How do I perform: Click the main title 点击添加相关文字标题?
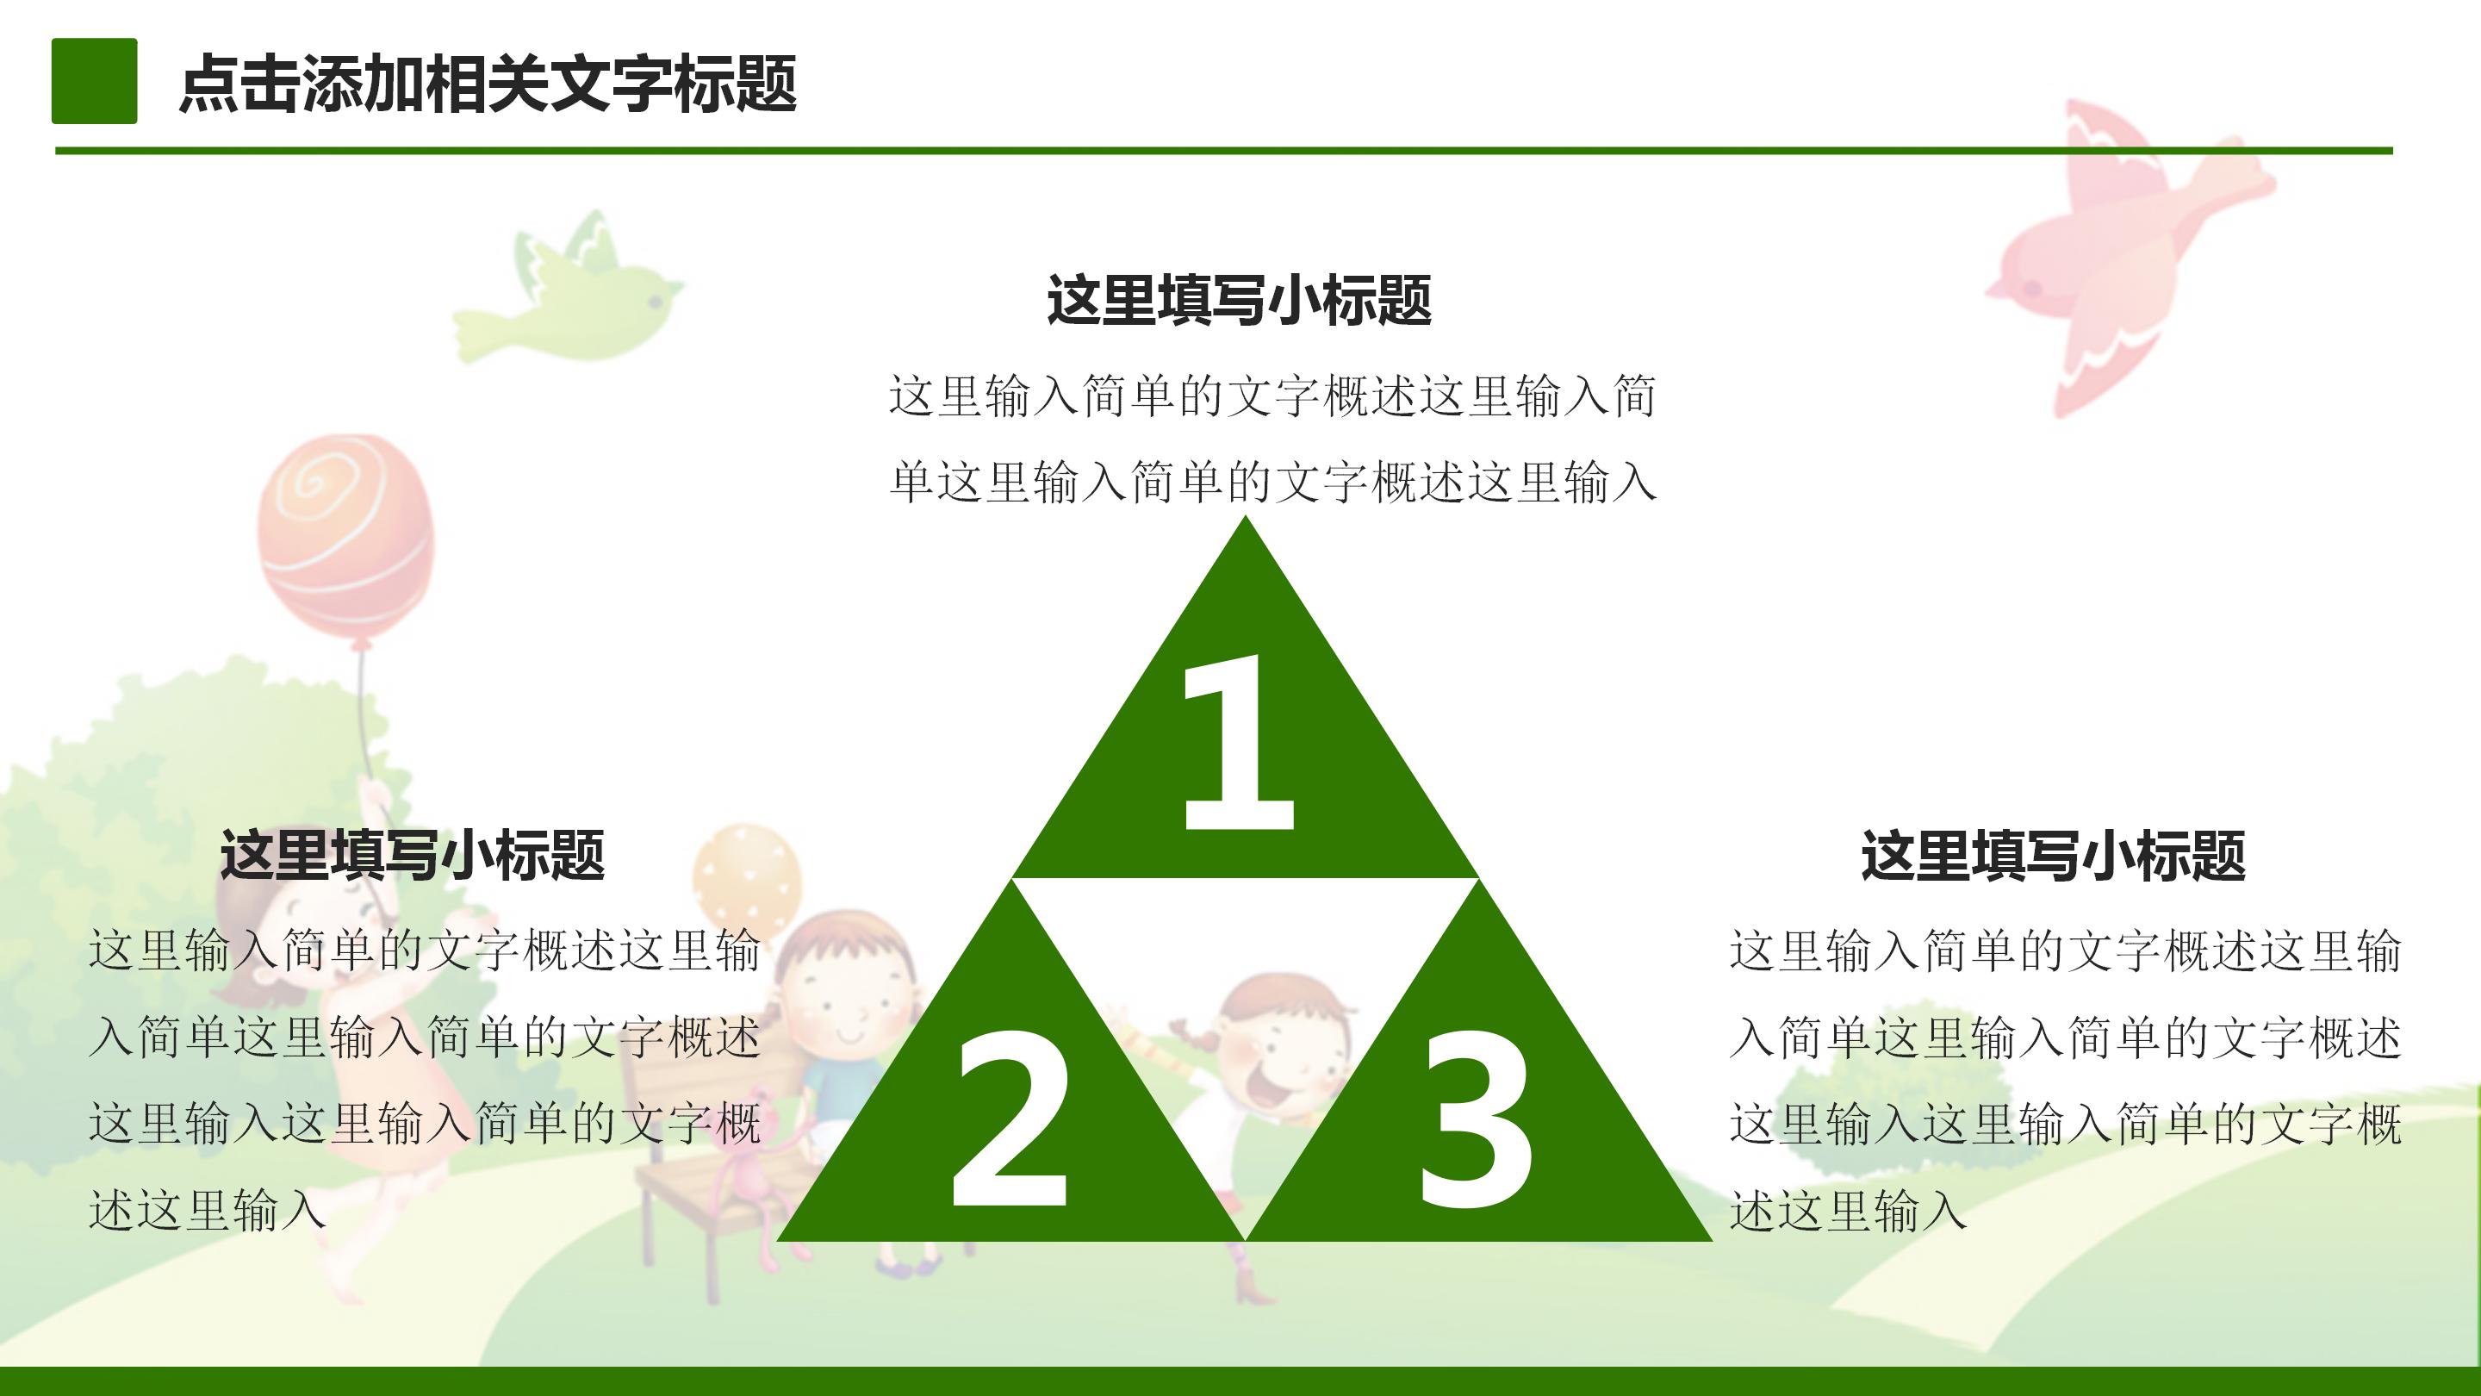point(488,84)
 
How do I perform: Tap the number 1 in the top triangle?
point(1239,742)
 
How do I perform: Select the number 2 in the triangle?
point(1011,1118)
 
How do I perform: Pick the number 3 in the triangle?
point(1476,1118)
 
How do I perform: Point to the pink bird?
point(2119,251)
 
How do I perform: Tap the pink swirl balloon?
point(345,539)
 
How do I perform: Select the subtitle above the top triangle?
point(1239,300)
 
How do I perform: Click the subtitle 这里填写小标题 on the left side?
point(413,855)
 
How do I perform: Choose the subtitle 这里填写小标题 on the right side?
point(2054,855)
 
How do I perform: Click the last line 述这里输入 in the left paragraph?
point(208,1210)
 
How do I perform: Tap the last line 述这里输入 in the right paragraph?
point(1847,1210)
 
